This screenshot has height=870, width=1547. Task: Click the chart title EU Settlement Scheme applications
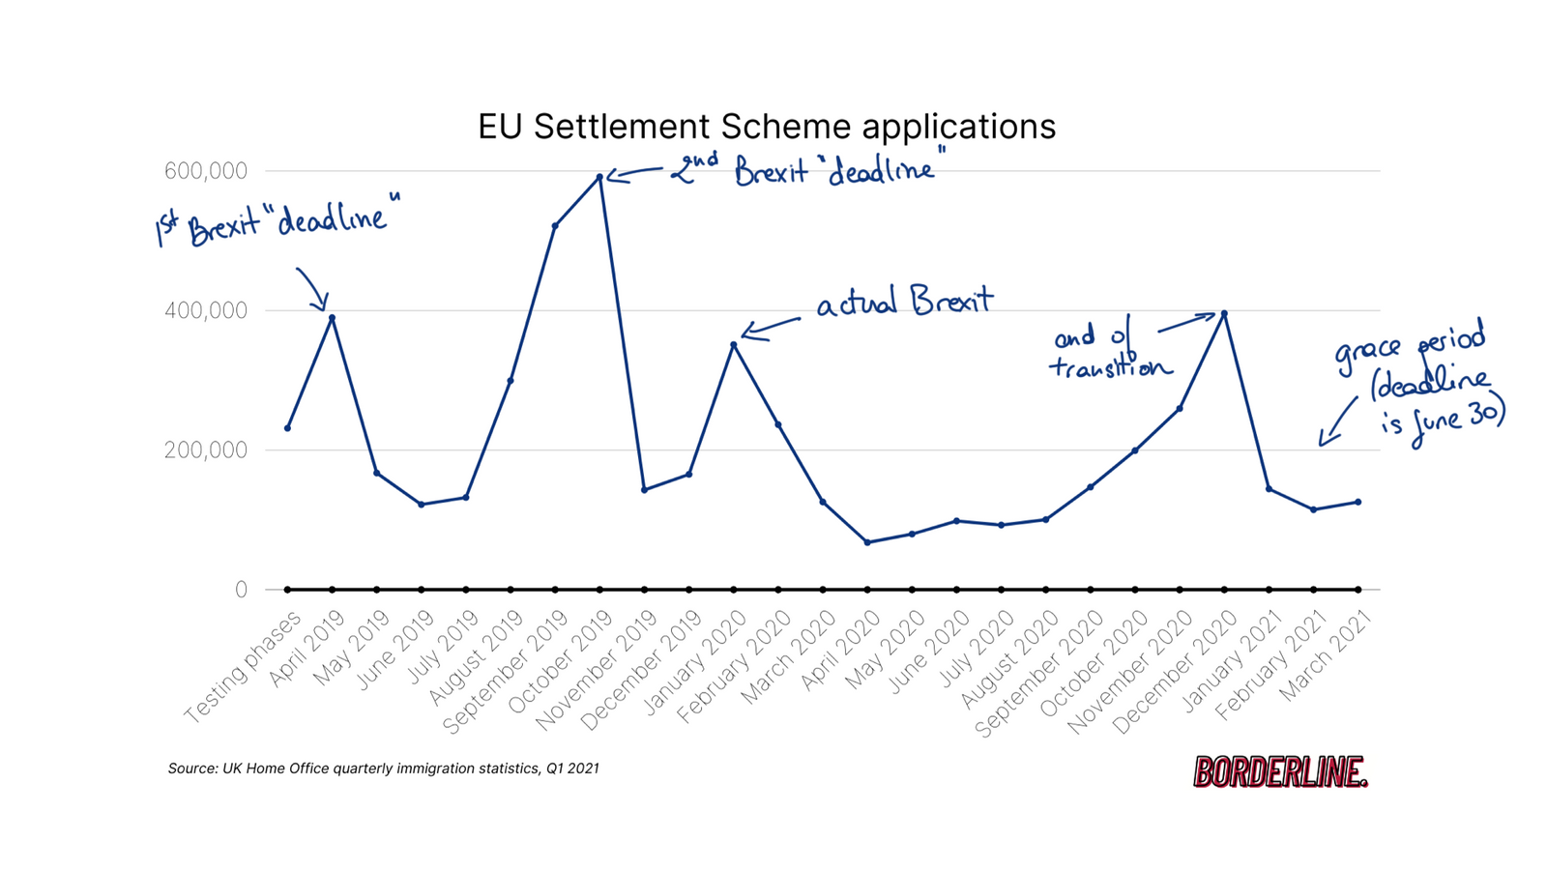[x=766, y=127]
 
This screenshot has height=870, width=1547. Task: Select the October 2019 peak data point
[x=599, y=177]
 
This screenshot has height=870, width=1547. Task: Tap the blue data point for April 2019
[x=332, y=318]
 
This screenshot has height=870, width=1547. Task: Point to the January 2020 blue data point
[x=734, y=344]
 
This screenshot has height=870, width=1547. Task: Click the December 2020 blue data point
[x=1224, y=313]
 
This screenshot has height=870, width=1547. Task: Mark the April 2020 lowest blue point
[x=867, y=542]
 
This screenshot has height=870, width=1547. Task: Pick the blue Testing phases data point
[x=288, y=428]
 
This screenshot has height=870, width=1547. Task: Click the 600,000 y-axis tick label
[x=206, y=171]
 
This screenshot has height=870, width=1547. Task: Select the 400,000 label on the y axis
[x=206, y=310]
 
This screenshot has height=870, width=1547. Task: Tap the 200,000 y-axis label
[x=206, y=449]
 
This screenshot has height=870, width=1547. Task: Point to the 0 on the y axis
[x=241, y=590]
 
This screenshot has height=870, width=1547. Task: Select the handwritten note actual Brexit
[x=904, y=303]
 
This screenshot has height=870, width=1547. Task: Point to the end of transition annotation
[x=1107, y=352]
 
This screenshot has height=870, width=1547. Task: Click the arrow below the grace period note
[x=1336, y=423]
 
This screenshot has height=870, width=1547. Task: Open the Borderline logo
[x=1280, y=771]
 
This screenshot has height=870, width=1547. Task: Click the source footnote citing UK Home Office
[x=384, y=768]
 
